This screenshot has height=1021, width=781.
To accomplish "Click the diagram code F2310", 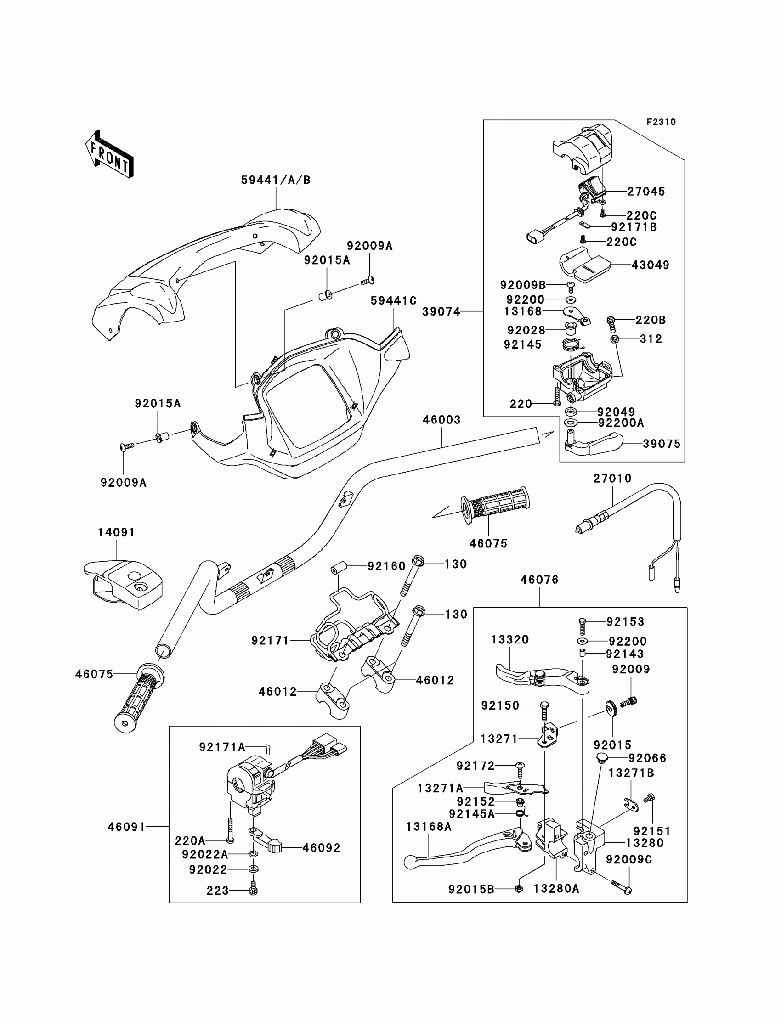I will (x=661, y=122).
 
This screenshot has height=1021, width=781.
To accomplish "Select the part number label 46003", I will (x=441, y=420).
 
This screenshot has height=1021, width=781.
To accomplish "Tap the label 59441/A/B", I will (x=276, y=180).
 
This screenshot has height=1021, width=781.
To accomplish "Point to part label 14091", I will (x=116, y=532).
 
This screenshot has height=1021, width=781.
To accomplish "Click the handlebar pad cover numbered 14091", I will (x=125, y=584).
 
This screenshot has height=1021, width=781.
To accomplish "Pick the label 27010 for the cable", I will (x=612, y=478).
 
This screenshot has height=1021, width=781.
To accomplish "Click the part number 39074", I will (x=441, y=311).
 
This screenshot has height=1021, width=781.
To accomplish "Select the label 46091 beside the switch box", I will (x=126, y=827).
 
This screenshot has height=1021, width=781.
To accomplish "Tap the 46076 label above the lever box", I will (x=539, y=580).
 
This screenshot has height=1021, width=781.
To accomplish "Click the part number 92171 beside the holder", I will (x=270, y=640).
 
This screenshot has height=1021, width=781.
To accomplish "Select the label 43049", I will (x=650, y=265).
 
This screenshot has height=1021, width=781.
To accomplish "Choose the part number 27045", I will (x=646, y=191).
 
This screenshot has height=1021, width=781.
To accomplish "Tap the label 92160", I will (x=386, y=566).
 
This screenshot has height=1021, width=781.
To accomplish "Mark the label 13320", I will (x=509, y=639).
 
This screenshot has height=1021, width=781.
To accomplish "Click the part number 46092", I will (x=321, y=848).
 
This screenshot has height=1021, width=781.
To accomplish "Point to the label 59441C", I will (x=393, y=301).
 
